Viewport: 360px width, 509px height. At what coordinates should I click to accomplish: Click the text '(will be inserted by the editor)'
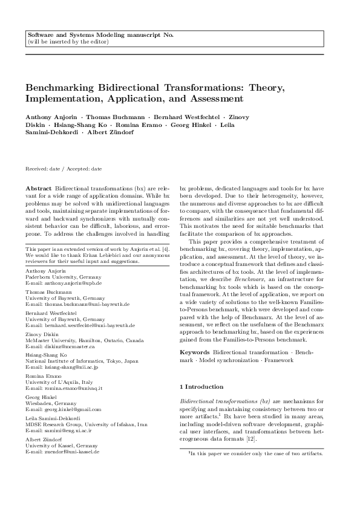(x=68, y=42)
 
